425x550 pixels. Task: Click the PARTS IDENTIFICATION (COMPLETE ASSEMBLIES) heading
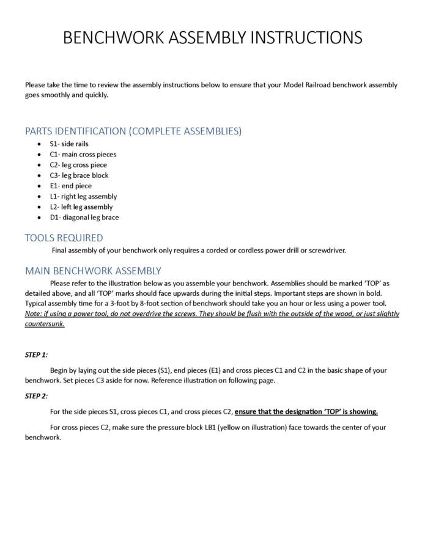[133, 131]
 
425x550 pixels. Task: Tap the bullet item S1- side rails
[69, 144]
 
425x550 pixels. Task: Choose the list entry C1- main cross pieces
[83, 155]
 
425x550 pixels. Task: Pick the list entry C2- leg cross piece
[78, 165]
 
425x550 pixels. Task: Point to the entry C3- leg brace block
[79, 175]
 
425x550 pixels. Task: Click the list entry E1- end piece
[70, 186]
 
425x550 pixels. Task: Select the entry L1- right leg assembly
[83, 196]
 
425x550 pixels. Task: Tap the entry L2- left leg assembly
[81, 207]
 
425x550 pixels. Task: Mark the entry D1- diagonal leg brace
[84, 218]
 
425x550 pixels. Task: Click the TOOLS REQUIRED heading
[64, 238]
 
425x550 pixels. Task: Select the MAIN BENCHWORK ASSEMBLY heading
[93, 270]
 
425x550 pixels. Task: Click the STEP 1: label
[36, 354]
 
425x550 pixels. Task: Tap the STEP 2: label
[36, 396]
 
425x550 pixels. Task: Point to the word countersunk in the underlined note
[44, 324]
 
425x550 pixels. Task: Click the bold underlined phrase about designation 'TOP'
[306, 412]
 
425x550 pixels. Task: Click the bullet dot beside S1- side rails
[40, 144]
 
